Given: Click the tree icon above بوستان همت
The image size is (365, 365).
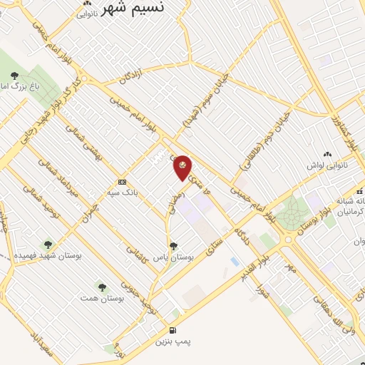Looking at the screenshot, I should [101, 287].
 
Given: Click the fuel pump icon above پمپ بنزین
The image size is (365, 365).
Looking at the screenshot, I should [173, 330].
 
